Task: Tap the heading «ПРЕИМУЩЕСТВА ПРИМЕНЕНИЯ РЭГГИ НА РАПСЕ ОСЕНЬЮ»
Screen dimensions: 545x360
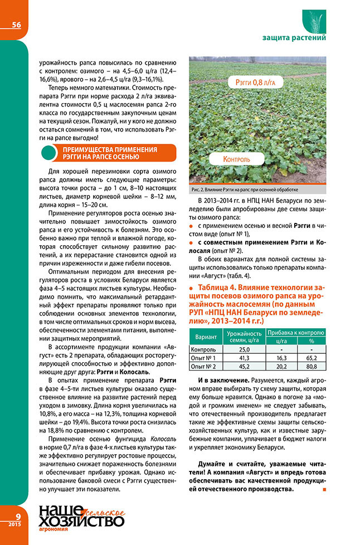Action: [x=109, y=153]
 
